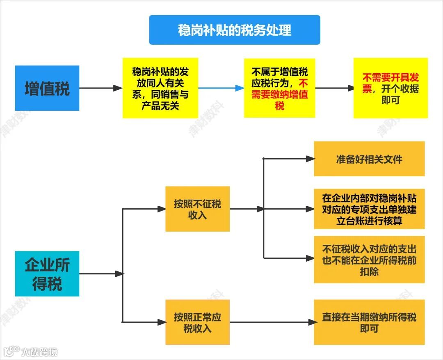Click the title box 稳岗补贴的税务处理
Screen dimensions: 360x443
(234, 30)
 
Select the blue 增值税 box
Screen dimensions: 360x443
(47, 88)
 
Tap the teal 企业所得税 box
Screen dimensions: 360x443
(47, 273)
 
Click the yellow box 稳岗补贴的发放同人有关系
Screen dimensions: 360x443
(160, 88)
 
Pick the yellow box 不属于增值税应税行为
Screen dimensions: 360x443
(279, 88)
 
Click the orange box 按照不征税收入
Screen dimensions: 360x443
(197, 209)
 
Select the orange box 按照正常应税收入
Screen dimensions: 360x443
(197, 322)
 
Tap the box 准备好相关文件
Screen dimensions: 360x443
(369, 159)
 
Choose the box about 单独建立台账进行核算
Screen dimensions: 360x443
(369, 209)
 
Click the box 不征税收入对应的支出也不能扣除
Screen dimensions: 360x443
(369, 260)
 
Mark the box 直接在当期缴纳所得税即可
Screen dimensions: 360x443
(369, 322)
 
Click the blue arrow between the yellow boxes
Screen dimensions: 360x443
(221, 88)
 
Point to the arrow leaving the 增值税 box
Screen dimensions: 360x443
(100, 88)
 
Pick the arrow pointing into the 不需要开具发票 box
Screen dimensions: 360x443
(334, 88)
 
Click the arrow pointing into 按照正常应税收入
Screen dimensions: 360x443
(144, 322)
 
